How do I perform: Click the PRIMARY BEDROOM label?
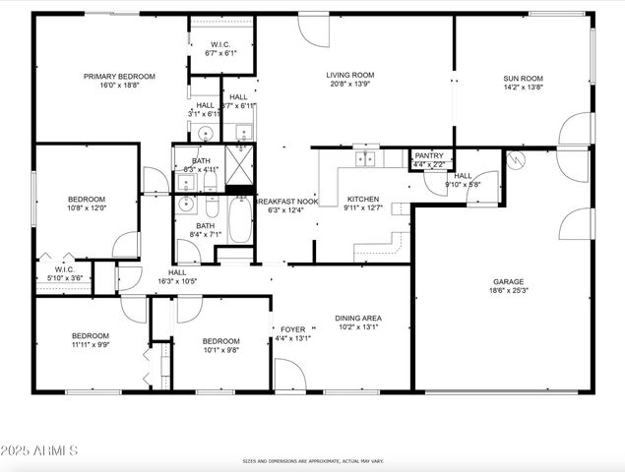pos(119,76)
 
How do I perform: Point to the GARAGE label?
pos(508,281)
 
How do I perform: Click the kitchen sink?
pos(367,158)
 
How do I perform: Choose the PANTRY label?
pos(429,155)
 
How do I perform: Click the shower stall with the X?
pos(240,157)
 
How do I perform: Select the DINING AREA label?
pos(358,318)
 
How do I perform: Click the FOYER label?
pos(293,329)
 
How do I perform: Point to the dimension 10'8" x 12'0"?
pos(86,207)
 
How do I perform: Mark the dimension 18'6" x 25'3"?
pos(508,291)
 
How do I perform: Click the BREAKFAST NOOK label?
pos(286,201)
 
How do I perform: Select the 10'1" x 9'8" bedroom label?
pos(220,341)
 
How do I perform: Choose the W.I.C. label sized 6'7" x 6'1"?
pos(221,44)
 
